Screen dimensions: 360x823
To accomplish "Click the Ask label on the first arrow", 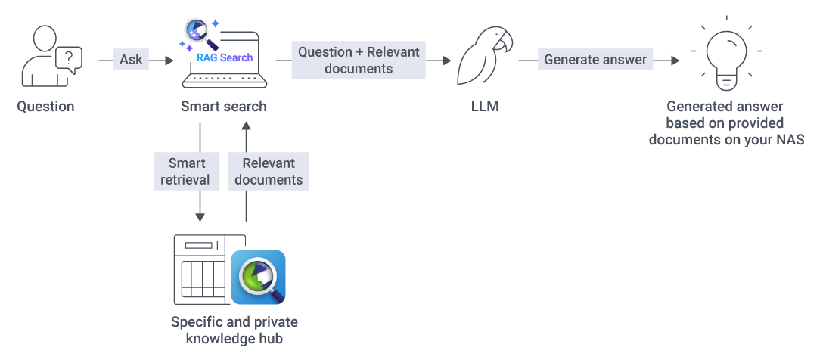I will (x=131, y=60).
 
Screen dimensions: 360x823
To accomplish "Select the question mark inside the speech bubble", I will (x=69, y=56).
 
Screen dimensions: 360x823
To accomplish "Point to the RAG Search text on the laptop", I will (x=225, y=57).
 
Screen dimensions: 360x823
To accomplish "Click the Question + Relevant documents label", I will (x=359, y=60).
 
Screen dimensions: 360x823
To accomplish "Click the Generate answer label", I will (x=596, y=60).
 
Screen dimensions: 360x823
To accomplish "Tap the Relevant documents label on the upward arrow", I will (x=269, y=171).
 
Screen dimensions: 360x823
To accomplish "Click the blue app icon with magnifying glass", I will (x=258, y=277).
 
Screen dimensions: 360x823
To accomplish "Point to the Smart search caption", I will (x=223, y=107).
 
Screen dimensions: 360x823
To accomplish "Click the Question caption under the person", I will (x=46, y=107).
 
